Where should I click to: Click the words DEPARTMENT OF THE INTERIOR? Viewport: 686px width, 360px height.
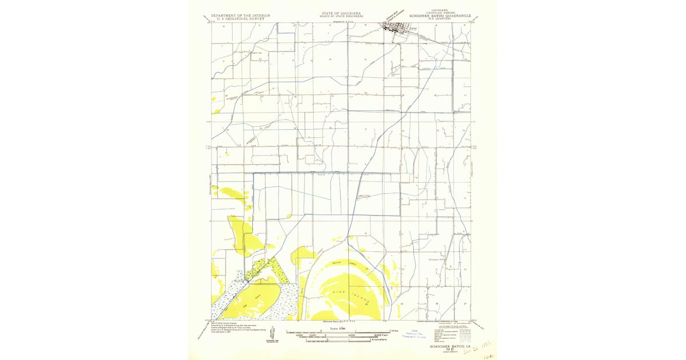[240, 15]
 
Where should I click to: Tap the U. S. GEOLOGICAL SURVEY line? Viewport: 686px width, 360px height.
[240, 19]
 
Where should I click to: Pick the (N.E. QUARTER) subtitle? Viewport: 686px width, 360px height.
[438, 19]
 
